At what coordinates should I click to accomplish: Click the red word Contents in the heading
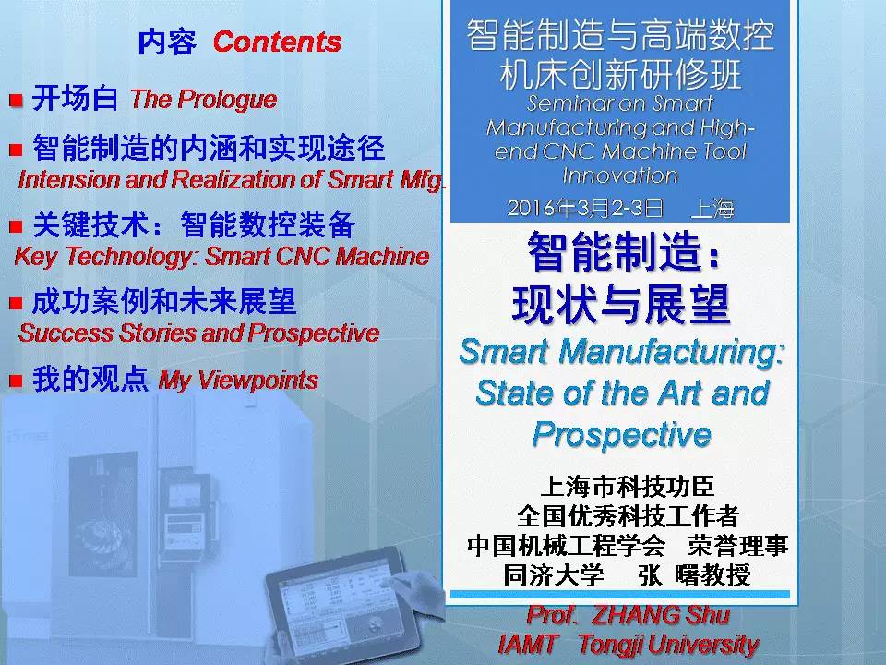coord(277,42)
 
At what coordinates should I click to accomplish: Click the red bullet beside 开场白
coord(16,101)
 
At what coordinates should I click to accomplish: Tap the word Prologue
coord(227,100)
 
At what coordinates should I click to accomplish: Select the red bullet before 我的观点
coord(16,381)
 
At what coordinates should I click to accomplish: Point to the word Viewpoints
coord(257,380)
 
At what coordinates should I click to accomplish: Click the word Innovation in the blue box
coord(620,175)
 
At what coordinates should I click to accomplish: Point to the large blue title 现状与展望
coord(621,305)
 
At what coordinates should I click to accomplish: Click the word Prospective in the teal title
coord(621,434)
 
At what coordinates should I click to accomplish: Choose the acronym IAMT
coord(528,644)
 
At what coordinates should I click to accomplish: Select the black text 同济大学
coord(554,575)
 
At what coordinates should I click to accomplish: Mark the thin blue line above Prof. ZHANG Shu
coord(620,594)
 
